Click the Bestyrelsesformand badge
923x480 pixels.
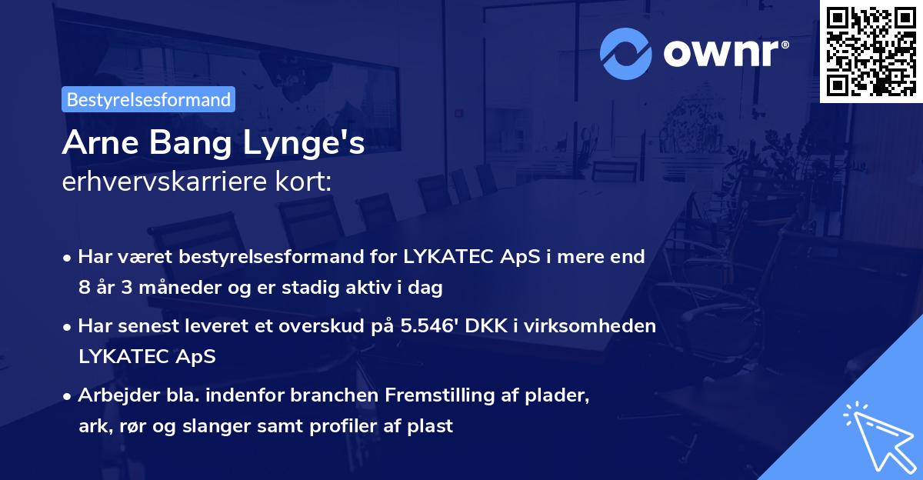click(148, 99)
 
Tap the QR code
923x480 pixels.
click(871, 51)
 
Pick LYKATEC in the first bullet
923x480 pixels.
click(445, 256)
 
